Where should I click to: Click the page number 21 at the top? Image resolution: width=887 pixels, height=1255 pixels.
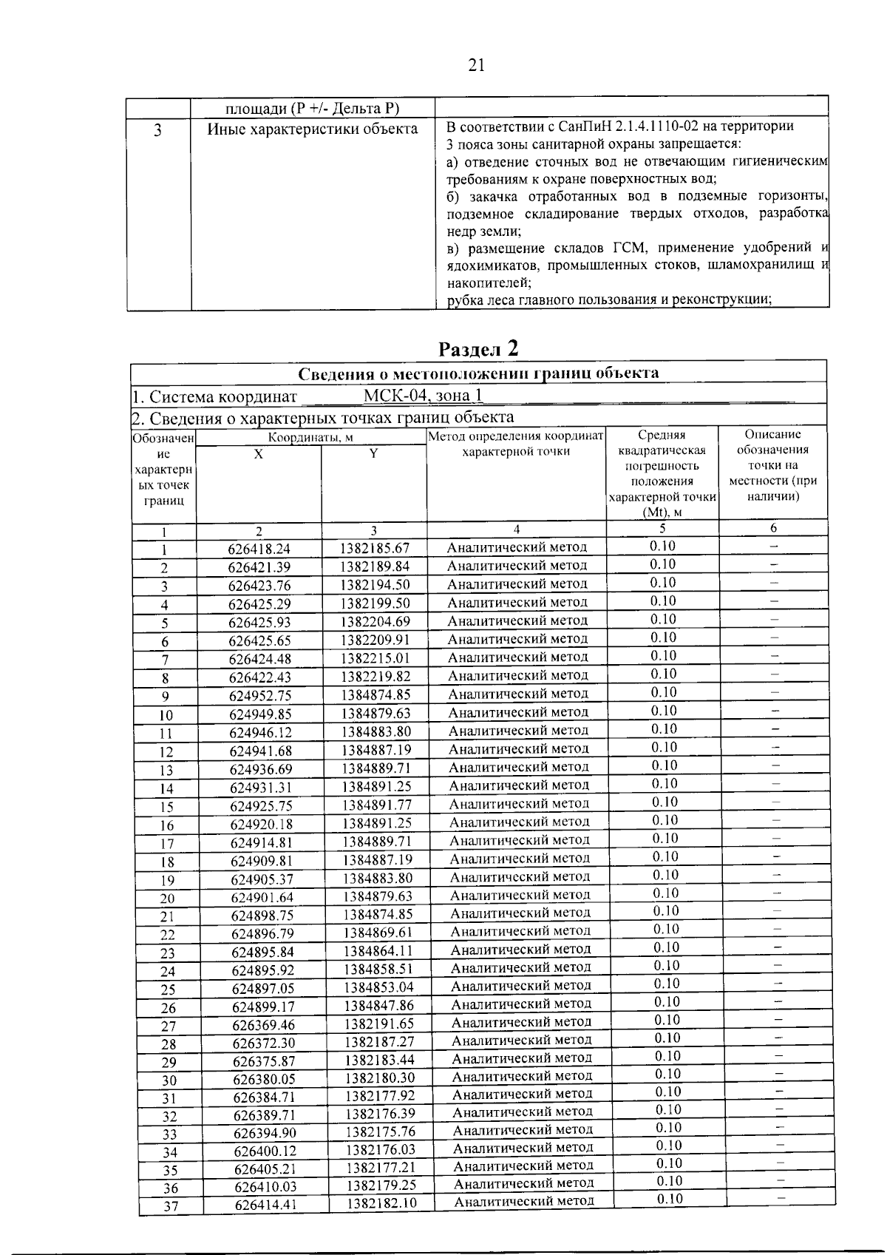[x=476, y=66]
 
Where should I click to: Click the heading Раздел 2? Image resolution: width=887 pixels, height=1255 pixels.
[x=478, y=348]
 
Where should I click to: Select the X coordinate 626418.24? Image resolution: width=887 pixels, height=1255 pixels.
[x=259, y=549]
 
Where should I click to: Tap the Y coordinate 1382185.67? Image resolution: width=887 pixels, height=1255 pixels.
[x=374, y=549]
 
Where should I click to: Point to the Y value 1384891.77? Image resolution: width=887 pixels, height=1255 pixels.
[x=377, y=805]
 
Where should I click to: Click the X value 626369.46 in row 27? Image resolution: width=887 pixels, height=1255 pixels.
[x=263, y=1024]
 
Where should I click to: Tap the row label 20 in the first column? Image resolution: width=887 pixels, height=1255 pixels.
[x=167, y=899]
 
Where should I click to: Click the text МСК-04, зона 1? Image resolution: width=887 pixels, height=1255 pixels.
[x=423, y=396]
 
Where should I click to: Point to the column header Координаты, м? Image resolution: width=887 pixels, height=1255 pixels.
[x=310, y=437]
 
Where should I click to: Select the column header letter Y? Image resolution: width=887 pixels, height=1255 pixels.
[x=373, y=454]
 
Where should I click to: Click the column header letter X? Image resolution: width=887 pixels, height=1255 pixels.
[x=258, y=454]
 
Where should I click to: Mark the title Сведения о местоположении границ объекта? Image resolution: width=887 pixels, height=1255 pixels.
[x=478, y=373]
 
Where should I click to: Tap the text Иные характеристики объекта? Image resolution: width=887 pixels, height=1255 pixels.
[x=312, y=129]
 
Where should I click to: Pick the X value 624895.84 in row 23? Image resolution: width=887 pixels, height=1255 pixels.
[x=262, y=951]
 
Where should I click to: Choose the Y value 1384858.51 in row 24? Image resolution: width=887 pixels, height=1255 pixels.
[x=378, y=969]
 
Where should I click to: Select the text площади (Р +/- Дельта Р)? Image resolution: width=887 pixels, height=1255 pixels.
[x=312, y=109]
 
